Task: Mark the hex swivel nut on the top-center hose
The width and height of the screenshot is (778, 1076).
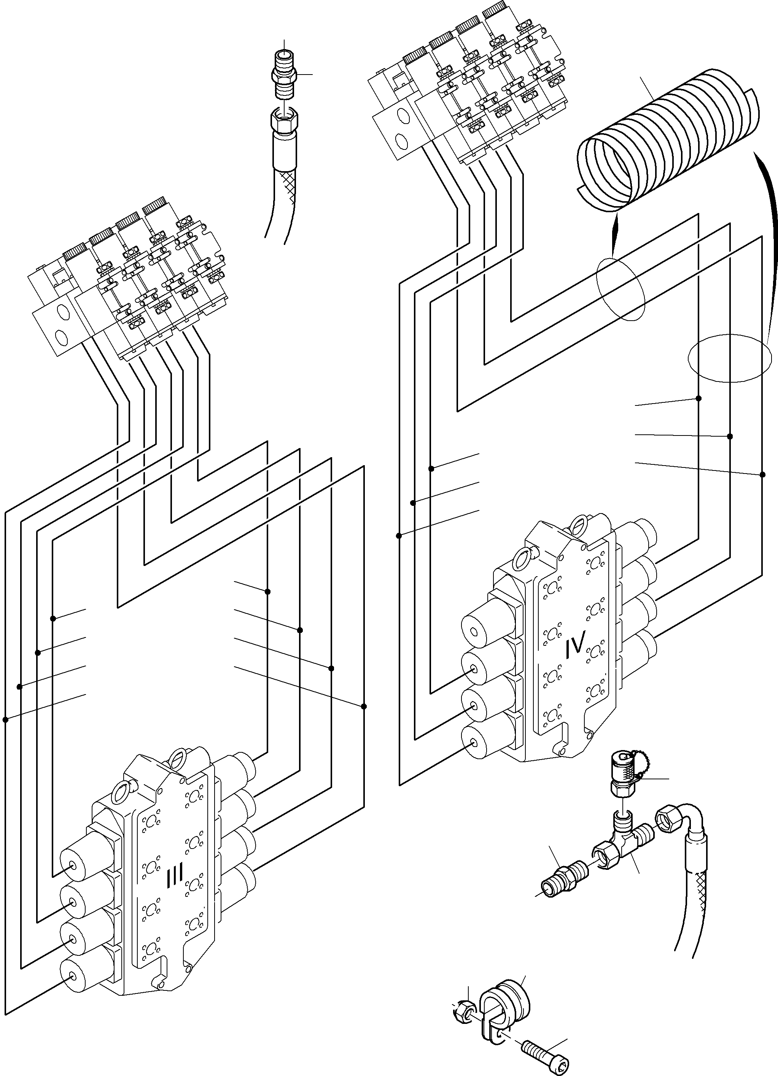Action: coord(284,121)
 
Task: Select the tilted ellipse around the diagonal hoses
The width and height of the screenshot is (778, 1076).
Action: coord(621,289)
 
